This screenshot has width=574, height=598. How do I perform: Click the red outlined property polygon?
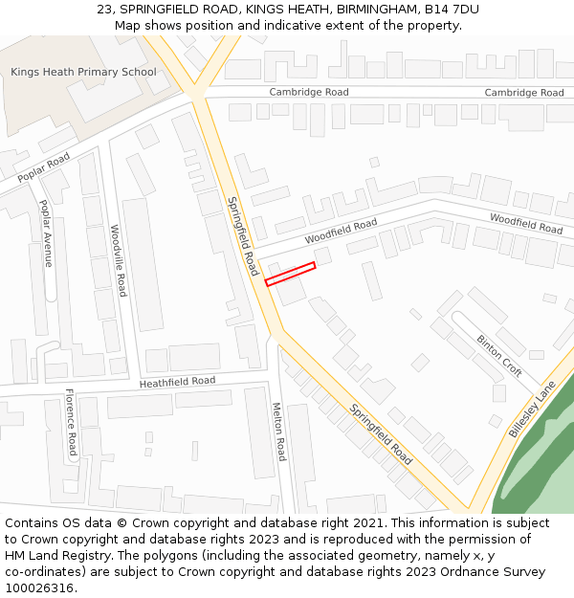(x=290, y=274)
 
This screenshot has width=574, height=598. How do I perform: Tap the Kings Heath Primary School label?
(x=83, y=72)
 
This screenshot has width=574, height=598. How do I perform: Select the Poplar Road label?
(x=44, y=167)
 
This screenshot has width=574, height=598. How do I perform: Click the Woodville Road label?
(x=118, y=260)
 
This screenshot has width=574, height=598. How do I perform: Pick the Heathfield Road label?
(x=177, y=382)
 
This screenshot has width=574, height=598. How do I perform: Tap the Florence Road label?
(x=71, y=421)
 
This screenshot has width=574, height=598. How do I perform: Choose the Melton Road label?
(x=279, y=431)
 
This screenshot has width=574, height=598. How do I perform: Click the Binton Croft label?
(x=499, y=355)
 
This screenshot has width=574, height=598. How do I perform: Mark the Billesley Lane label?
(x=532, y=409)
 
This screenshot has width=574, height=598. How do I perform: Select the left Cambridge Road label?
(x=309, y=92)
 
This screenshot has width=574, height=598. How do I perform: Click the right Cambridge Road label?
(x=524, y=93)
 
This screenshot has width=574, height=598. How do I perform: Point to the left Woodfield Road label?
(x=341, y=232)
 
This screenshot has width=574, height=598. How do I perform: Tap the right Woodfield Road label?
(x=526, y=224)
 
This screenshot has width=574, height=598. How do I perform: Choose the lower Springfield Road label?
(x=381, y=434)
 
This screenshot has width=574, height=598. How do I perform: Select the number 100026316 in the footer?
(x=39, y=588)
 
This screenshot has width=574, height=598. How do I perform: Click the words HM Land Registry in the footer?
(x=56, y=556)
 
